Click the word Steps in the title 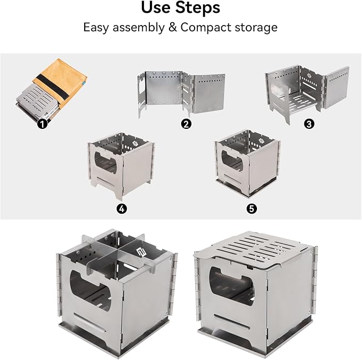[197, 8]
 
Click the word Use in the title [156, 7]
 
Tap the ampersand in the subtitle [173, 27]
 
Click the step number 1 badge [42, 124]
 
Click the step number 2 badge [186, 124]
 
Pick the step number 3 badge [309, 124]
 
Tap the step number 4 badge [122, 209]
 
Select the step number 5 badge [252, 209]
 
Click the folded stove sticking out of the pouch [37, 102]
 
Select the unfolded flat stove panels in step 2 [181, 93]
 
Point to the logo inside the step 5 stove [262, 141]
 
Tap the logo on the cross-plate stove [140, 252]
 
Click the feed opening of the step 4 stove [106, 162]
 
